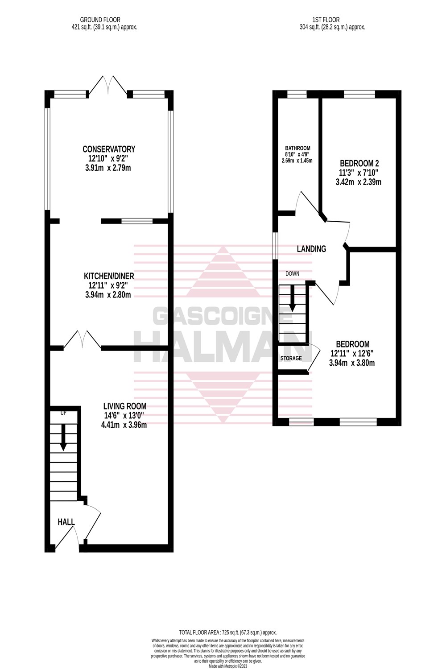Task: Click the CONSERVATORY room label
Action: coord(109,149)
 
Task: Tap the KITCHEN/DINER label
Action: coord(109,276)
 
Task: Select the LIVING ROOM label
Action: coord(124,406)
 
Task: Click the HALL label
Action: coord(66,522)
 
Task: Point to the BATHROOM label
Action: coord(297,149)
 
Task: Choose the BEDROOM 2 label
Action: coord(359,163)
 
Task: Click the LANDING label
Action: coord(311,249)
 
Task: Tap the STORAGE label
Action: coord(291,358)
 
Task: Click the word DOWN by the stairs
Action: coord(292,273)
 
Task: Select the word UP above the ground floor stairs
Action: coord(63,413)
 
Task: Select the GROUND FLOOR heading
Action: coord(100,20)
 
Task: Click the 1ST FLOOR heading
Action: coord(326,20)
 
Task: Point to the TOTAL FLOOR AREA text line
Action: coord(228,632)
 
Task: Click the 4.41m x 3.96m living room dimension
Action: coord(124,425)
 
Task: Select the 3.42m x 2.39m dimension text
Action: coord(359,182)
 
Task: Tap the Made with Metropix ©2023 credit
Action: coord(228,666)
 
